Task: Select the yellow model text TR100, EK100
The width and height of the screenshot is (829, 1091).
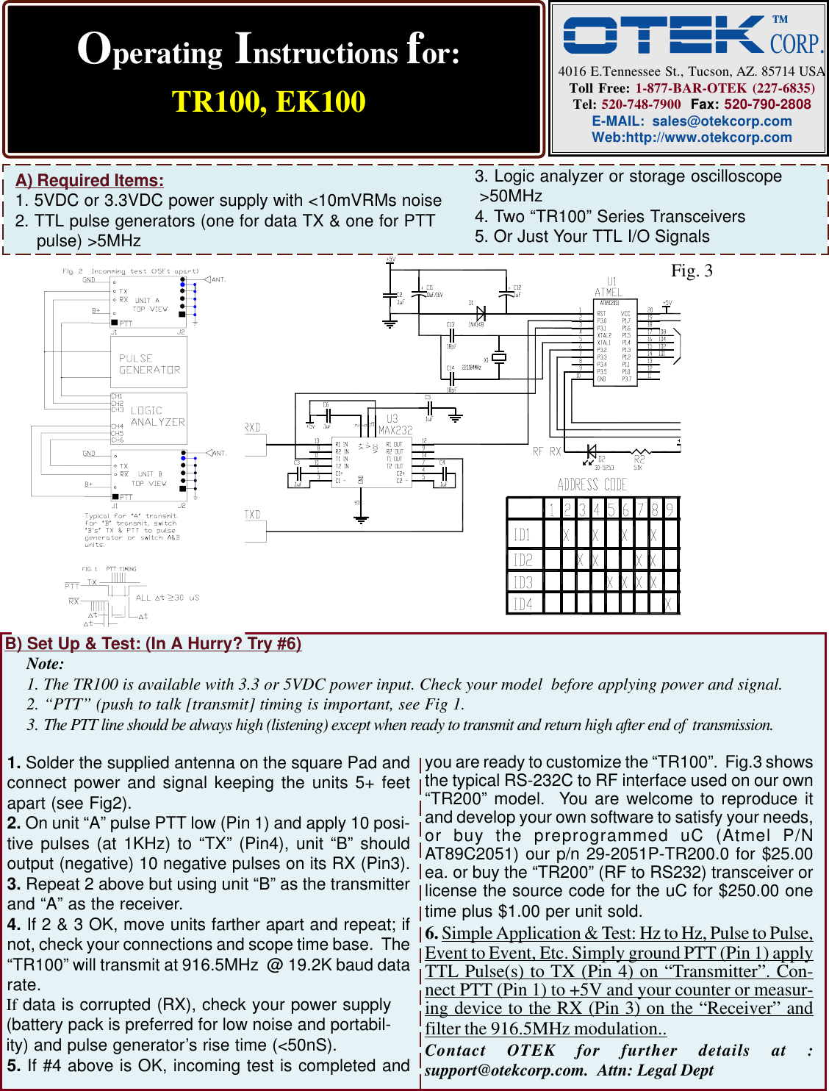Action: [x=268, y=101]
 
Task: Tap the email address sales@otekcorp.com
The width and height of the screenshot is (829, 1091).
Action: [x=722, y=121]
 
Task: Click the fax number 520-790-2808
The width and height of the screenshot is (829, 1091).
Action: [x=767, y=104]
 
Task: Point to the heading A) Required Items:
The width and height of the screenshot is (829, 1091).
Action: [x=90, y=180]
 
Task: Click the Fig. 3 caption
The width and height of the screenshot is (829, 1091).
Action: [x=692, y=271]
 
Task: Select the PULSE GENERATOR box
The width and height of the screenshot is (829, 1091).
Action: [x=149, y=364]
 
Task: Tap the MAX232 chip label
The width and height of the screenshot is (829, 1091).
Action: [x=395, y=429]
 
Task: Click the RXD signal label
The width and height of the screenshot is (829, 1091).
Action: [x=253, y=427]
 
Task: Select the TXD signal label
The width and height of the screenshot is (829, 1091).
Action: [x=253, y=515]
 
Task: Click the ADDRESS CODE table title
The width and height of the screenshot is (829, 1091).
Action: [x=592, y=484]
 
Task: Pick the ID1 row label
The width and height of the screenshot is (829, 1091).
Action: [x=522, y=534]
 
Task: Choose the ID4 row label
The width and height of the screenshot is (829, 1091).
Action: [x=522, y=604]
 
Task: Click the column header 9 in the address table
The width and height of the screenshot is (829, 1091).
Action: [x=670, y=509]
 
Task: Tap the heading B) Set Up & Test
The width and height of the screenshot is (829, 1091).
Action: [x=153, y=643]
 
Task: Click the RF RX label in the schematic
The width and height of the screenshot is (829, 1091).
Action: [x=547, y=451]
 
